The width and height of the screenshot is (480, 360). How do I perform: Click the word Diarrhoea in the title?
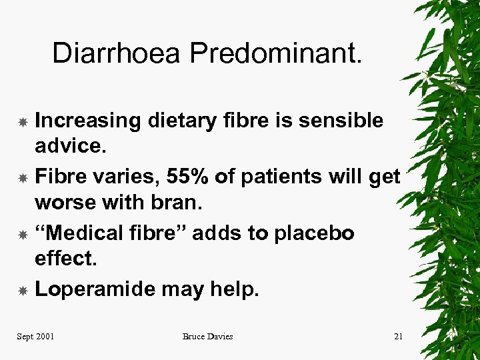(x=116, y=53)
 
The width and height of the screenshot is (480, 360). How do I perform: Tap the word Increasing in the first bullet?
(x=87, y=121)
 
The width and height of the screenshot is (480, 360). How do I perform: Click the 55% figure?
(x=181, y=177)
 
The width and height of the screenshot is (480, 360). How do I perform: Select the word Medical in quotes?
(x=85, y=233)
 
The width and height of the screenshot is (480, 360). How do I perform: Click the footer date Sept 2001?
(x=35, y=337)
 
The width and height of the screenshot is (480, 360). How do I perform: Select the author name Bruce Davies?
(x=207, y=337)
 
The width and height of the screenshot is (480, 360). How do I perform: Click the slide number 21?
(x=398, y=337)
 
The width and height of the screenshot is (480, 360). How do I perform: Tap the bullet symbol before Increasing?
(x=22, y=122)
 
